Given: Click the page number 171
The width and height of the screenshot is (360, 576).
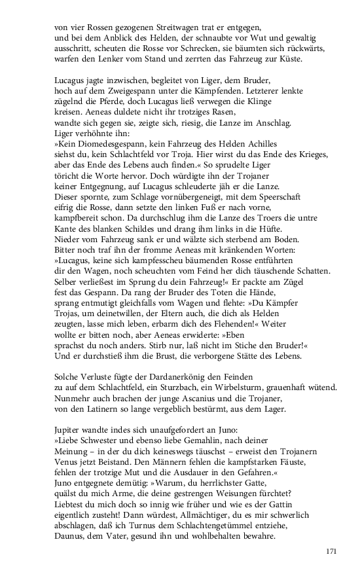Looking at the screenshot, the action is coord(331,552).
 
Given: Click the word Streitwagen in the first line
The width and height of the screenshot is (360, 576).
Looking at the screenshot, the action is coord(166,28).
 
